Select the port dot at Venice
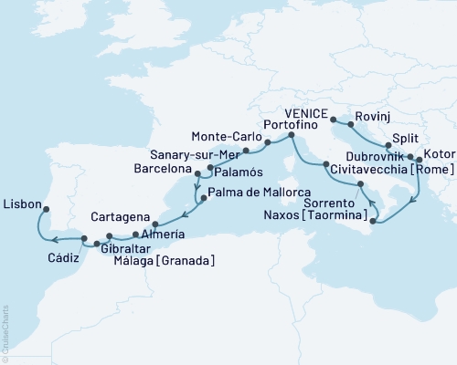[334, 120]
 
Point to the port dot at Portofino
[290, 136]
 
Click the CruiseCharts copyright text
[5, 332]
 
